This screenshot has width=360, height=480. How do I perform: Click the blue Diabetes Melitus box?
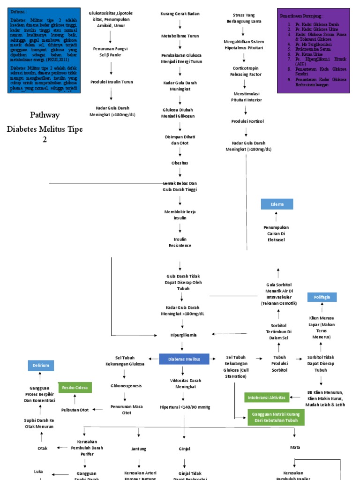point(184,359)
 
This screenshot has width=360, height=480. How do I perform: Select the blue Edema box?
point(277,204)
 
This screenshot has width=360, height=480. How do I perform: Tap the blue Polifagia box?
point(322,297)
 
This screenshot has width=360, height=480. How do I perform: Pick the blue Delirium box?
point(41,365)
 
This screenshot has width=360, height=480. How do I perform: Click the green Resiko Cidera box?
point(75,388)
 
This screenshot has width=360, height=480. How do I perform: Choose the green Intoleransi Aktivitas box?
point(266,397)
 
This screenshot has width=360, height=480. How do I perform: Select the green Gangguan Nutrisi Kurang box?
point(276,417)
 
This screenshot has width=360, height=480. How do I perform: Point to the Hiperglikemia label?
point(183,335)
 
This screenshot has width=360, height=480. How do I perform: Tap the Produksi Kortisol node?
point(247,121)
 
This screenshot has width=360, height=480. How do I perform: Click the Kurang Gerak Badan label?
point(180,14)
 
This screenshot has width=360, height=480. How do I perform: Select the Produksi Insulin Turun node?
point(111,82)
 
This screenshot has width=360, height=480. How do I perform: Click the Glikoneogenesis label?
point(126,386)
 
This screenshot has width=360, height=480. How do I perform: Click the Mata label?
point(295,447)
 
